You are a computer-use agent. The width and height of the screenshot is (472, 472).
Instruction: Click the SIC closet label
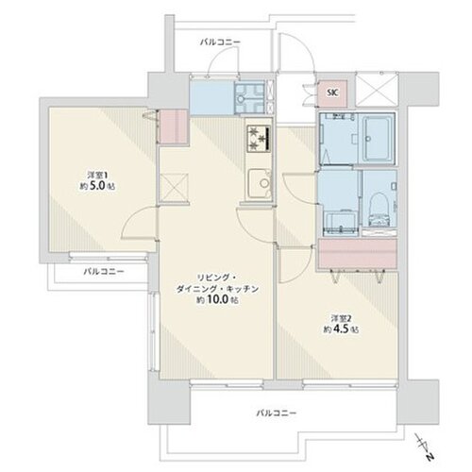[x=333, y=93]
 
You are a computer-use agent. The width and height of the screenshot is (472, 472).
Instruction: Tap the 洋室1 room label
[x=96, y=175]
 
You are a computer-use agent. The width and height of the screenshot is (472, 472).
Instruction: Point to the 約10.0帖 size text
[x=217, y=299]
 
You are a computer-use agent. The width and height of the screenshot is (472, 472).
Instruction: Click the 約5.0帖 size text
[x=97, y=186]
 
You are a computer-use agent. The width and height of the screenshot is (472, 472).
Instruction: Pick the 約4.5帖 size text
[x=342, y=329]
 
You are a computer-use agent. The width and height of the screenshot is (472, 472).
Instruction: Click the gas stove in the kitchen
[x=259, y=138]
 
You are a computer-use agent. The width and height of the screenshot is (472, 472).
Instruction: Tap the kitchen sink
[x=260, y=182]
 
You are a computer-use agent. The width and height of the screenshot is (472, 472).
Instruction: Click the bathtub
[x=377, y=139]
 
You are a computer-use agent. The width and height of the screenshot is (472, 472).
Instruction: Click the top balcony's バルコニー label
[x=220, y=42]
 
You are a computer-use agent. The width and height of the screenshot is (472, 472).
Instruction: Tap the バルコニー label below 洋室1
[x=104, y=271]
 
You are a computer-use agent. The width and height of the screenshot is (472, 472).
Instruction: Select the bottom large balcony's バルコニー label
[x=276, y=413]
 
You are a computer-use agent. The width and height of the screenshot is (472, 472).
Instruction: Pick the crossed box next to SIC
[x=377, y=91]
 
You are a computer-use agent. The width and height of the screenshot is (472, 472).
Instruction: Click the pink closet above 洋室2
[x=357, y=254]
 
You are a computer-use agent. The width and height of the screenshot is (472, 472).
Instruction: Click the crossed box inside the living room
[x=174, y=187]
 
